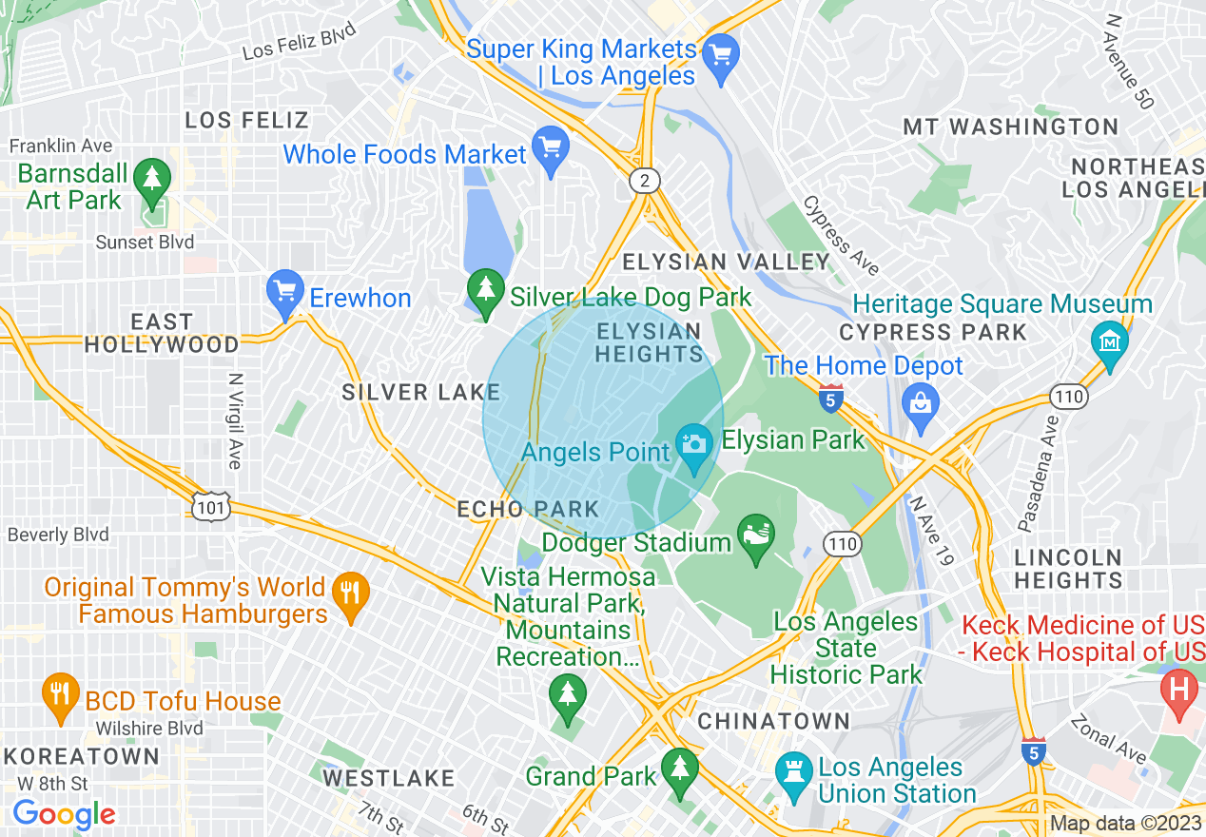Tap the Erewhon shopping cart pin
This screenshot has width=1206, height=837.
pyautogui.click(x=285, y=295)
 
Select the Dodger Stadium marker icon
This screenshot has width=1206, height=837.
pyautogui.click(x=756, y=538)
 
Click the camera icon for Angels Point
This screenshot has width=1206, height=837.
pyautogui.click(x=694, y=443)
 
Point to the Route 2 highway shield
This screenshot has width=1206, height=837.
pyautogui.click(x=645, y=181)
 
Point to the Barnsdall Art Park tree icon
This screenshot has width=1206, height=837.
pyautogui.click(x=150, y=175)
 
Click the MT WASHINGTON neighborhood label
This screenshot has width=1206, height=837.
pyautogui.click(x=1010, y=127)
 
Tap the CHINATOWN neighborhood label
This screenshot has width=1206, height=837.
pyautogui.click(x=773, y=721)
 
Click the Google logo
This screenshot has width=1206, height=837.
pyautogui.click(x=64, y=814)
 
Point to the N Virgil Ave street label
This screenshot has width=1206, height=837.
pyautogui.click(x=234, y=419)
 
